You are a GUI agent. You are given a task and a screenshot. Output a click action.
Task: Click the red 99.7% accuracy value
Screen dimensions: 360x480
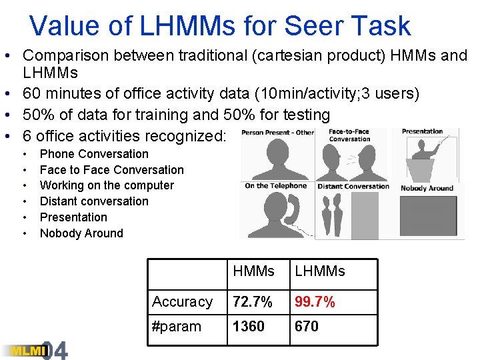pos(315,302)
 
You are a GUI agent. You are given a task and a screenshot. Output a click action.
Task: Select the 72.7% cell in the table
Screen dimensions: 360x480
pos(253,302)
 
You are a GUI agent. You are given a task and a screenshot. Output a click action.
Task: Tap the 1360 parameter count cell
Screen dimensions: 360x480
pos(249,327)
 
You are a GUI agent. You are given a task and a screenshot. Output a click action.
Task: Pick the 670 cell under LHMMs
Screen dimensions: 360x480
pos(307,327)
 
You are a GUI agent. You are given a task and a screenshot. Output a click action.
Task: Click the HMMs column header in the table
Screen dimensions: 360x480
pos(254,271)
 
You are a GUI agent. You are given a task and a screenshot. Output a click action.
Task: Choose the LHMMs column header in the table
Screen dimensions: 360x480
pos(320,271)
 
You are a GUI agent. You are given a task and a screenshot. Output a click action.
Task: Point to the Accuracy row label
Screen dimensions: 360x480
pos(182,302)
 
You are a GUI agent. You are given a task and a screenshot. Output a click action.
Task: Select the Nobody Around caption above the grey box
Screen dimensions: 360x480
pos(427,188)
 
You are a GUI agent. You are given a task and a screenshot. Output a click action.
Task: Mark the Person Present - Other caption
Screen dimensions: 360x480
pos(277,133)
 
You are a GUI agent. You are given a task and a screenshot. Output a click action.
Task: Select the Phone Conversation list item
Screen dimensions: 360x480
pos(94,154)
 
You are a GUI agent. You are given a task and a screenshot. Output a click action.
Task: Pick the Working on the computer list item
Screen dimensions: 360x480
pos(107,185)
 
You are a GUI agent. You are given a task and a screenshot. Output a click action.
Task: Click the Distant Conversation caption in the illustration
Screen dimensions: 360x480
pos(353,186)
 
